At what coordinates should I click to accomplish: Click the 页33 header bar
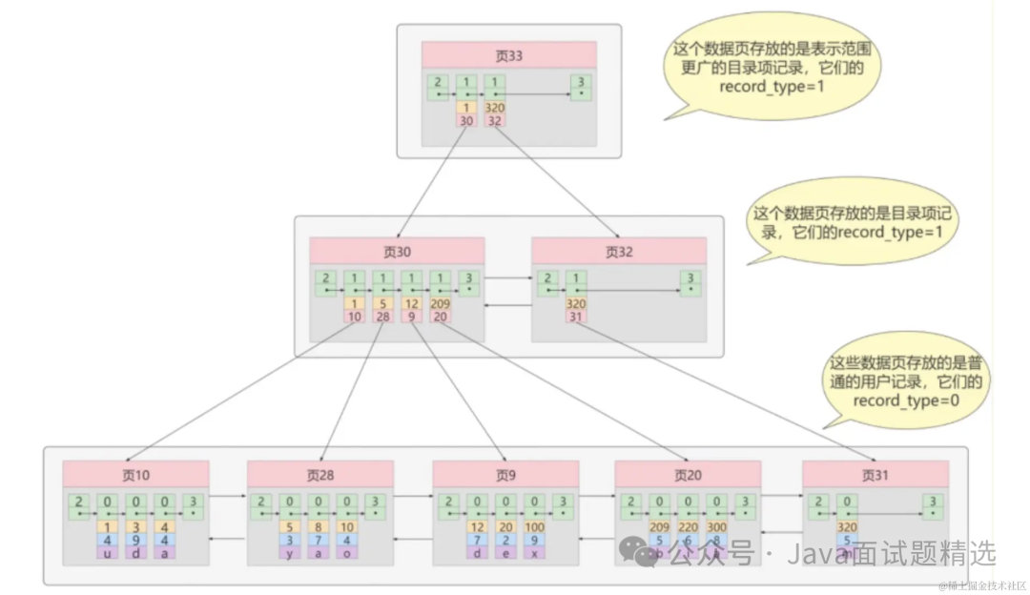click(509, 55)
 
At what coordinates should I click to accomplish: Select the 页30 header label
click(397, 252)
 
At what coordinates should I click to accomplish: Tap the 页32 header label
click(619, 252)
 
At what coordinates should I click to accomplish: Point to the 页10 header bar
click(135, 474)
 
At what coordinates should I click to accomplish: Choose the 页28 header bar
click(319, 474)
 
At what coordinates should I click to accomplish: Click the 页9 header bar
click(505, 474)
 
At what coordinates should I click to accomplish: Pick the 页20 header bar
click(687, 474)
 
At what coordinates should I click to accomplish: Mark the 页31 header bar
click(875, 474)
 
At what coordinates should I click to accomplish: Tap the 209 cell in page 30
click(441, 304)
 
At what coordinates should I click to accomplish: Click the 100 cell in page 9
click(534, 526)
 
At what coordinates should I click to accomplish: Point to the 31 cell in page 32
click(575, 317)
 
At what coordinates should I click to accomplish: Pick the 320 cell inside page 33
click(494, 108)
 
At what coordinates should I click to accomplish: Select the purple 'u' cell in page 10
click(110, 552)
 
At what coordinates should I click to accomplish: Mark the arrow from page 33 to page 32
click(553, 181)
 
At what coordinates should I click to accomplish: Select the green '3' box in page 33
click(579, 87)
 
